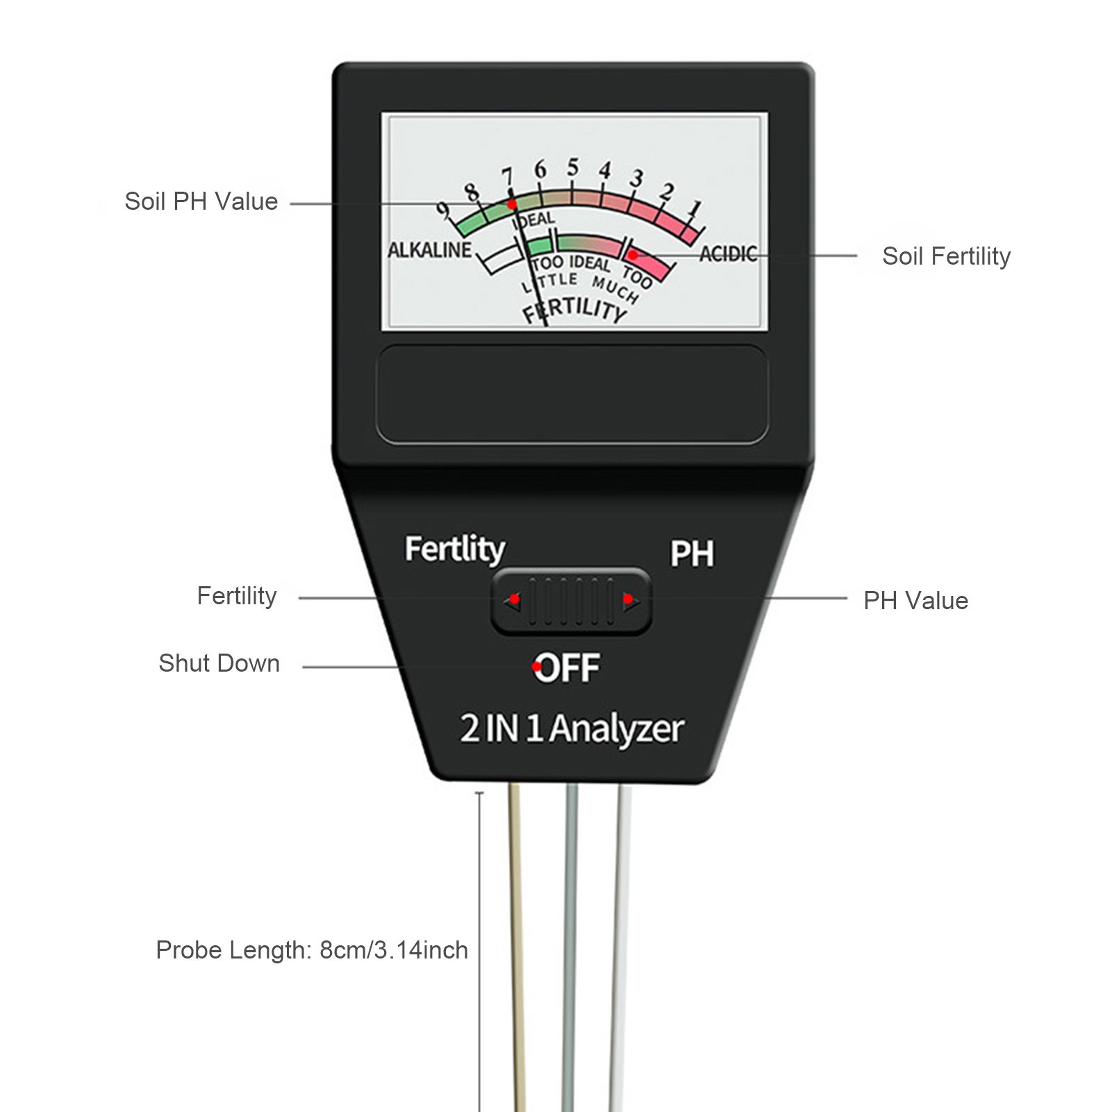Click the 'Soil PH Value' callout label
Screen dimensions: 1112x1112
point(201,201)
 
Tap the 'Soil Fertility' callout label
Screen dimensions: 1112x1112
point(946,256)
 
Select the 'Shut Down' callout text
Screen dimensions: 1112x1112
point(219,663)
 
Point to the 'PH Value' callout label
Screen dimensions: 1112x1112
point(915,601)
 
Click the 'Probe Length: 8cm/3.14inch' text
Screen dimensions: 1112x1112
point(312,949)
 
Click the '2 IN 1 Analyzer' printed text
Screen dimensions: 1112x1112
point(572,729)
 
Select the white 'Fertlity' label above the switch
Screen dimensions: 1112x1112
point(455,549)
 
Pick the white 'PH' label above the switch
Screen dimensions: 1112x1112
point(692,554)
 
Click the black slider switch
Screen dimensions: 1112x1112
point(571,601)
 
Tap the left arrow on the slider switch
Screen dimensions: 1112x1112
point(513,600)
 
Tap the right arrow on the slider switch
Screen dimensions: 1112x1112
point(630,600)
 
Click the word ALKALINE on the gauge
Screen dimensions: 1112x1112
point(429,250)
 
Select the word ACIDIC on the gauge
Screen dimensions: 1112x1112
point(727,254)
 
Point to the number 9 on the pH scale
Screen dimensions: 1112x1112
point(443,210)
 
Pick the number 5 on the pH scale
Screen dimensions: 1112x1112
point(572,167)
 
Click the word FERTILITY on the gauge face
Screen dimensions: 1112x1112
point(575,310)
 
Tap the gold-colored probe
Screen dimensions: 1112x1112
point(517,947)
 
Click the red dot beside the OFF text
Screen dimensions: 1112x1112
point(537,667)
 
